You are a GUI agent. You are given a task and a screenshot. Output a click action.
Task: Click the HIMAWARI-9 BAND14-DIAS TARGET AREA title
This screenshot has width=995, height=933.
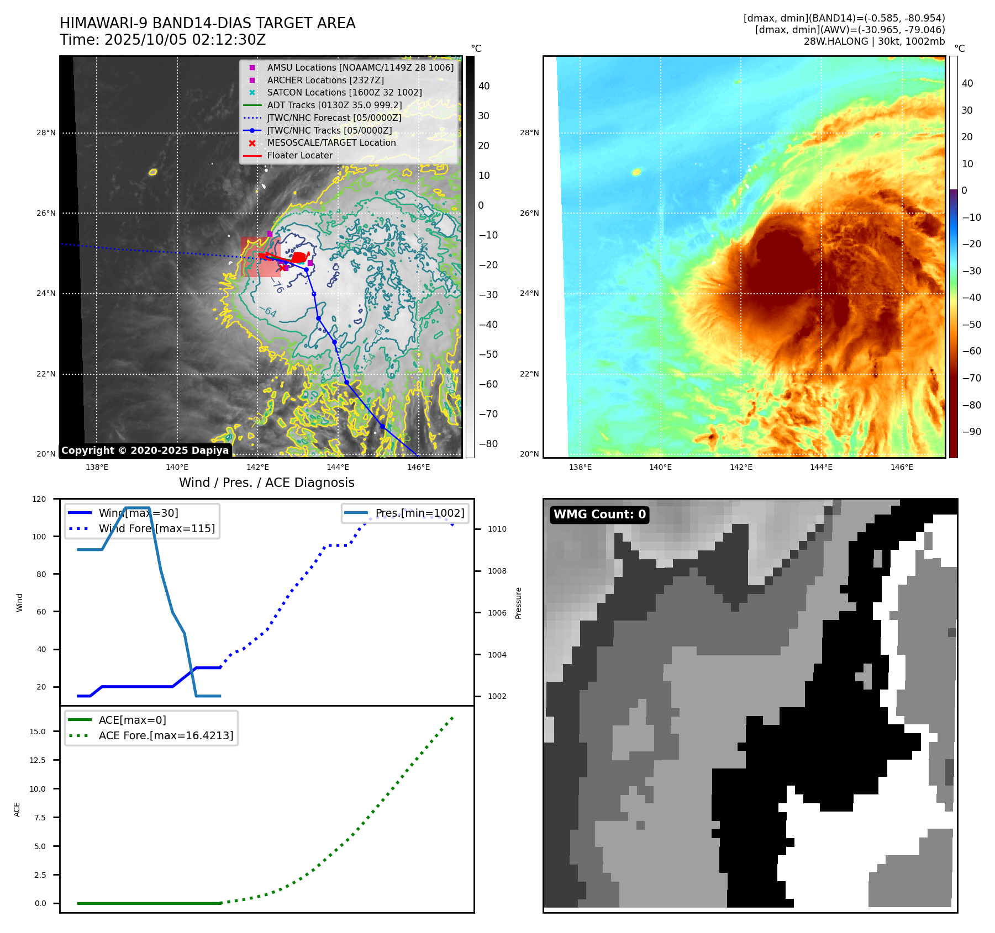207,23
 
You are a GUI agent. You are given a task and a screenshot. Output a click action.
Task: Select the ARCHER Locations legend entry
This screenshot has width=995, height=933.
325,80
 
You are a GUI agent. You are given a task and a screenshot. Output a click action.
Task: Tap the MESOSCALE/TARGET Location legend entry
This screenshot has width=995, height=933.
331,142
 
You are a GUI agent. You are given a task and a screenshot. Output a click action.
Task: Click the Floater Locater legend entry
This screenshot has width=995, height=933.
299,155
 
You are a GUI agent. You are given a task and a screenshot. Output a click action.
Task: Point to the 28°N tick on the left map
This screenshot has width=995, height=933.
46,132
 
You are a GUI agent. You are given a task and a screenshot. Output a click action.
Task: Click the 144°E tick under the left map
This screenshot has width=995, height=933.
338,467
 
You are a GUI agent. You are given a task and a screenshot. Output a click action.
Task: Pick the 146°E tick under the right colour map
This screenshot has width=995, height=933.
902,467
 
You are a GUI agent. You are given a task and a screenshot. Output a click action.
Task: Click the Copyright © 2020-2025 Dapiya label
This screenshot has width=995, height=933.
145,450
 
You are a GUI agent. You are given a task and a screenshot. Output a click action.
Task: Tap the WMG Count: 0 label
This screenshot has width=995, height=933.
599,515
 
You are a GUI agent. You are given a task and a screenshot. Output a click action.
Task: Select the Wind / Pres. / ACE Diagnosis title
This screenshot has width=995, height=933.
266,483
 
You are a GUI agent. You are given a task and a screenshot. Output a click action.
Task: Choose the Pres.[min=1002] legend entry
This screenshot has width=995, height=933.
419,513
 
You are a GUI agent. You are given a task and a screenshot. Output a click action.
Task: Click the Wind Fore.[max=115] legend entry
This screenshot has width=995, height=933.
156,528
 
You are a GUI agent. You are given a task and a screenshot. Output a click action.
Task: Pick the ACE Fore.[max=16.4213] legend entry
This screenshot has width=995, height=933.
166,735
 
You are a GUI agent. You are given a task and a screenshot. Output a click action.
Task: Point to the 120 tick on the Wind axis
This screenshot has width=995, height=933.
40,499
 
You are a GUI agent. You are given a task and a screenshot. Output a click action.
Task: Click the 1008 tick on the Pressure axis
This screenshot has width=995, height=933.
497,571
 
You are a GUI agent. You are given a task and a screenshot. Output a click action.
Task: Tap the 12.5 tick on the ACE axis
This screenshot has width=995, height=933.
38,760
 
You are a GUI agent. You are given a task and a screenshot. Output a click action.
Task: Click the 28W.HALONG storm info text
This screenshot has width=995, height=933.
874,41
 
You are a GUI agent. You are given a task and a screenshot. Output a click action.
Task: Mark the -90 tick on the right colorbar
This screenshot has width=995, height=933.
971,432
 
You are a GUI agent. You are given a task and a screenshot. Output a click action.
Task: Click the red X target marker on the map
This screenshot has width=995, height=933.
283,268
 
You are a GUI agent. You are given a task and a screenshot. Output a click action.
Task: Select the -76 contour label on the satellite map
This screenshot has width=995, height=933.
277,286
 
